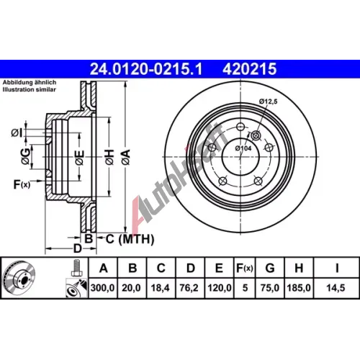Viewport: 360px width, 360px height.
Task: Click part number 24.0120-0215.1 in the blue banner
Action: [146, 69]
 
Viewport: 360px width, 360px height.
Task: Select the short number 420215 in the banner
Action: [249, 69]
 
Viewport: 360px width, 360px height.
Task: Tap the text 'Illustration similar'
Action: [29, 89]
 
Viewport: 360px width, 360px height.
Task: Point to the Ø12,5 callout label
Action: [268, 102]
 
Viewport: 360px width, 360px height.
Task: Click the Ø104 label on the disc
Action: [243, 148]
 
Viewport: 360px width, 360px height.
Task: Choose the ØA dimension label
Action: [126, 157]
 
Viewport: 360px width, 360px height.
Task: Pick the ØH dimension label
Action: [109, 157]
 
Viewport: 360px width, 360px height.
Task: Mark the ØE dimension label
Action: [80, 158]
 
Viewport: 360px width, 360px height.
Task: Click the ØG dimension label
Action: [26, 156]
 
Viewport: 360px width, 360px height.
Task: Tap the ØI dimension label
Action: [17, 132]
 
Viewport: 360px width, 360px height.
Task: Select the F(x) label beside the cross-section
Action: [22, 184]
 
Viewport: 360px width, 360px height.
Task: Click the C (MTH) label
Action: [130, 239]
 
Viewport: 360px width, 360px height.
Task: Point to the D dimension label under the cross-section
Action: [78, 248]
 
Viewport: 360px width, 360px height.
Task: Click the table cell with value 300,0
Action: [102, 288]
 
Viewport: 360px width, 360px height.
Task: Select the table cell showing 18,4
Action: [161, 288]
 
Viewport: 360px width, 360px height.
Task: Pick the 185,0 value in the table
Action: [299, 288]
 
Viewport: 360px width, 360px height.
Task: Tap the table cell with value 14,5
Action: [336, 288]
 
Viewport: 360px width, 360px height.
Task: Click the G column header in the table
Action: [270, 268]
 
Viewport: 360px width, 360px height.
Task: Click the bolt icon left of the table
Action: [76, 268]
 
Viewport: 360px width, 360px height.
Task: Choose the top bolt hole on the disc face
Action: [240, 127]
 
